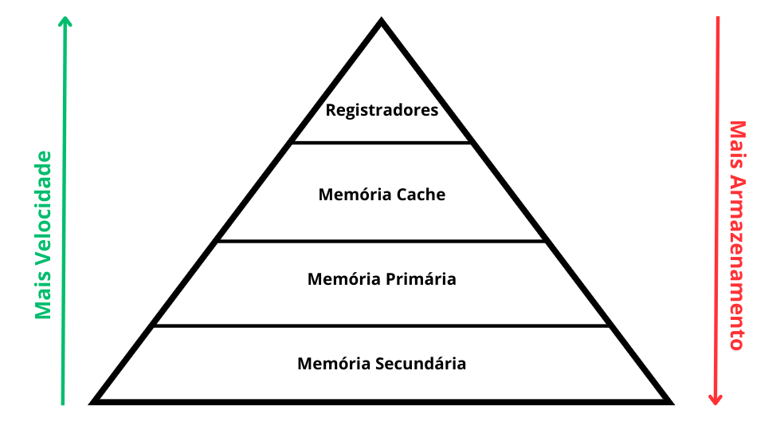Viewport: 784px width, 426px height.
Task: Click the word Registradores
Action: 382,110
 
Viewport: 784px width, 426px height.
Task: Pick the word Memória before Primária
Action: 343,279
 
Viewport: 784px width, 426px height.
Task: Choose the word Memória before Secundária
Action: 333,364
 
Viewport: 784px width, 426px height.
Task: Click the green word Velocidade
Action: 43,215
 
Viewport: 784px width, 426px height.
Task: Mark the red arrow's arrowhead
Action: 715,399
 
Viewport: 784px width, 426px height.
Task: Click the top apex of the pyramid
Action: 382,22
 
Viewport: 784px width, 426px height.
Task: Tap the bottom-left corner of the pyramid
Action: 95,400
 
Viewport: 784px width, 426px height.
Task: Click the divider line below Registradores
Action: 382,143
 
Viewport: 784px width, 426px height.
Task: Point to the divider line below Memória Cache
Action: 382,241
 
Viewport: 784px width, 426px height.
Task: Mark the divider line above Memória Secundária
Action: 382,325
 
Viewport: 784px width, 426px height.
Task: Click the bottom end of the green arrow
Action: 63,403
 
